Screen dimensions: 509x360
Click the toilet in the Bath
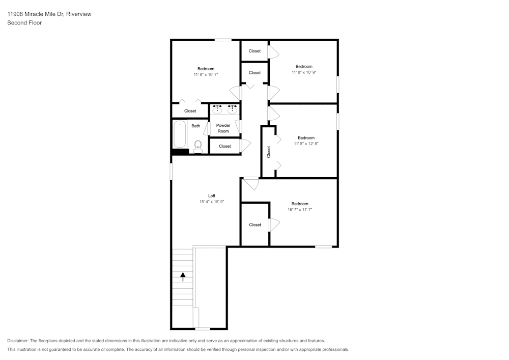pyautogui.click(x=197, y=147)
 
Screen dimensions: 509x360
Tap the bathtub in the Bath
pyautogui.click(x=180, y=134)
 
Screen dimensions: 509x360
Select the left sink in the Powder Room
pyautogui.click(x=217, y=109)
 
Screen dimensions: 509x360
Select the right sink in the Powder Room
pyautogui.click(x=232, y=109)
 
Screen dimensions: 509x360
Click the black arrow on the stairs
pyautogui.click(x=183, y=276)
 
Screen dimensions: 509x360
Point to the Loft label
pyautogui.click(x=212, y=196)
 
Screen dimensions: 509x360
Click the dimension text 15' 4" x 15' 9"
pyautogui.click(x=212, y=202)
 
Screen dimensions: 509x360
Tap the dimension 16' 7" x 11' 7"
pyautogui.click(x=300, y=210)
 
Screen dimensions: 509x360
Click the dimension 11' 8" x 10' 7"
pyautogui.click(x=206, y=75)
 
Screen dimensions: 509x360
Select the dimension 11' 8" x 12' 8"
pyautogui.click(x=306, y=144)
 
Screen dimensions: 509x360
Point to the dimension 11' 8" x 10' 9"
pyautogui.click(x=304, y=72)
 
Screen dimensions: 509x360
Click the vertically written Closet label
pyautogui.click(x=269, y=152)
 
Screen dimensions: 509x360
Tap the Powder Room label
pyautogui.click(x=223, y=128)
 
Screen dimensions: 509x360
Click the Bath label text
pyautogui.click(x=196, y=126)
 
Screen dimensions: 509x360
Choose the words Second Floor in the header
pyautogui.click(x=24, y=23)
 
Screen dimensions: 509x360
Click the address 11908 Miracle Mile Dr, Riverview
pyautogui.click(x=49, y=14)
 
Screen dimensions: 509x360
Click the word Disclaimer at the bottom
pyautogui.click(x=18, y=341)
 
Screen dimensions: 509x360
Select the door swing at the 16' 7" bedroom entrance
pyautogui.click(x=251, y=184)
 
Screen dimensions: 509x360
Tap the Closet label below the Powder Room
pyautogui.click(x=224, y=147)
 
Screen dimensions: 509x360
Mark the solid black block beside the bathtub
pyautogui.click(x=180, y=151)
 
